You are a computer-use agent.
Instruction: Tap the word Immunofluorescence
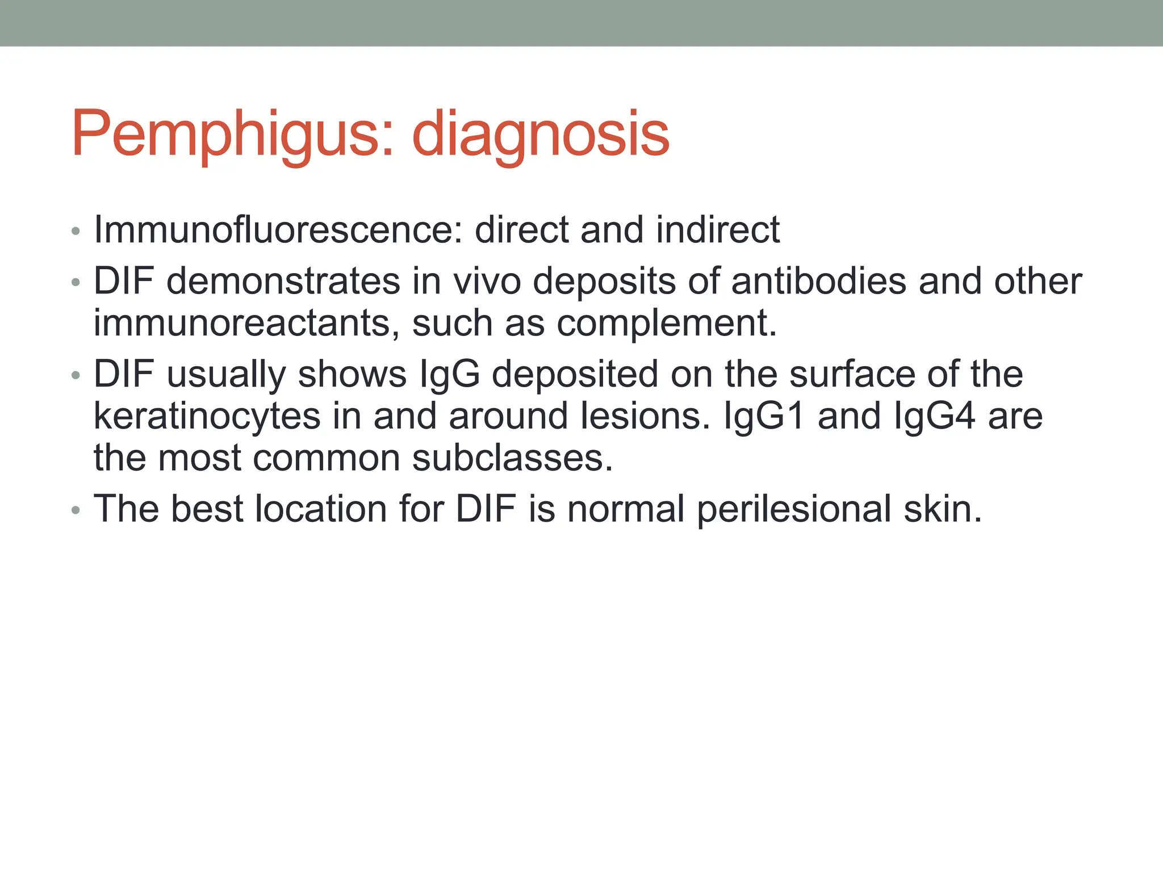coord(278,230)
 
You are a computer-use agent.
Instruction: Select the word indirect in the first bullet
coord(718,230)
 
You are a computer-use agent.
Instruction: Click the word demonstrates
coord(283,281)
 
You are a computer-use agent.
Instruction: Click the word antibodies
coord(818,281)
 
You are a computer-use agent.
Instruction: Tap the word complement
coord(666,323)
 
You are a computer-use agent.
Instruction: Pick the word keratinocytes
coord(207,416)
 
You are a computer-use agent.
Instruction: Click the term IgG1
coord(764,416)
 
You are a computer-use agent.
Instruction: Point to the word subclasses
coord(512,458)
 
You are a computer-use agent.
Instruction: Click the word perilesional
coord(794,509)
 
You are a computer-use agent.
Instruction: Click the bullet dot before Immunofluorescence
coord(76,232)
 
